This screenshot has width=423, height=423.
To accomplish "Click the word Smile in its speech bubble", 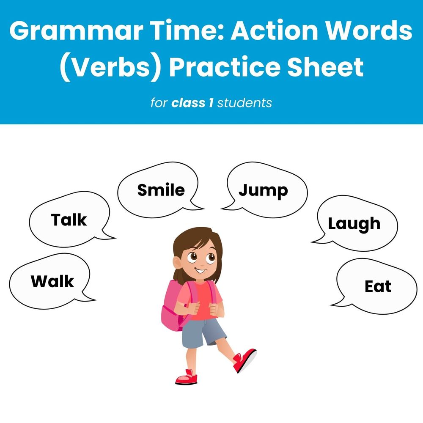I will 161,190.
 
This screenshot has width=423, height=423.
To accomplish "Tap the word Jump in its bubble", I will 263,190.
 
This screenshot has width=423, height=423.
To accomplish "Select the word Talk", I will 69,220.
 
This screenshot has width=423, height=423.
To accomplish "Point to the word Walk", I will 52,281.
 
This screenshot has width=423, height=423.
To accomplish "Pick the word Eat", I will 378,286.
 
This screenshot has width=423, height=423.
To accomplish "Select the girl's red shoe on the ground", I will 186,376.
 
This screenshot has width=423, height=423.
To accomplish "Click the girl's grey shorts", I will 203,332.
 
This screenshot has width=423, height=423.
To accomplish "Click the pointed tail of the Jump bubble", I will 224,207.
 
